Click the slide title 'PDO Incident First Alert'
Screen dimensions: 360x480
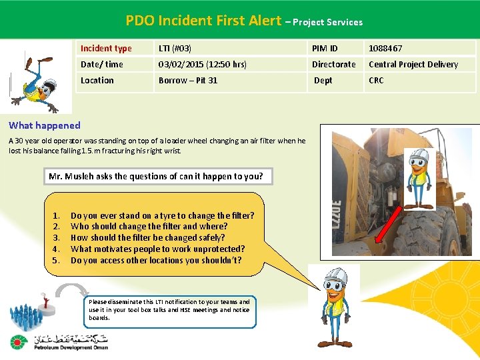pyautogui.click(x=203, y=21)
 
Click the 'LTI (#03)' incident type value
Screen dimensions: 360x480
pyautogui.click(x=175, y=49)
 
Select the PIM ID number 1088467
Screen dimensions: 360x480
pyautogui.click(x=385, y=49)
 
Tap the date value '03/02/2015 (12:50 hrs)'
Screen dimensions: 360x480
pyautogui.click(x=203, y=65)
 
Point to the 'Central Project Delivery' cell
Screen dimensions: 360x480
pyautogui.click(x=413, y=65)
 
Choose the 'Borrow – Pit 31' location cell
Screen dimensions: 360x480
pyautogui.click(x=188, y=81)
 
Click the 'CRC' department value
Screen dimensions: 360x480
pyautogui.click(x=377, y=81)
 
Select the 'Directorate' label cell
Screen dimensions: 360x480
pyautogui.click(x=334, y=65)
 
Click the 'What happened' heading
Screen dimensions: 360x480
pyautogui.click(x=45, y=125)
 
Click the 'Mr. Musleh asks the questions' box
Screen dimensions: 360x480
pyautogui.click(x=156, y=177)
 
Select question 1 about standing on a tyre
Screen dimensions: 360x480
pyautogui.click(x=162, y=216)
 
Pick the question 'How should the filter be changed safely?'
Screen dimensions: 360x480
pyautogui.click(x=147, y=238)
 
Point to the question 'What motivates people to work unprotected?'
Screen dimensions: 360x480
pyautogui.click(x=157, y=249)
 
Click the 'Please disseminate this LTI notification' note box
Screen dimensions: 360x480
pyautogui.click(x=170, y=310)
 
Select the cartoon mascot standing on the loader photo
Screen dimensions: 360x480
pyautogui.click(x=419, y=177)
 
